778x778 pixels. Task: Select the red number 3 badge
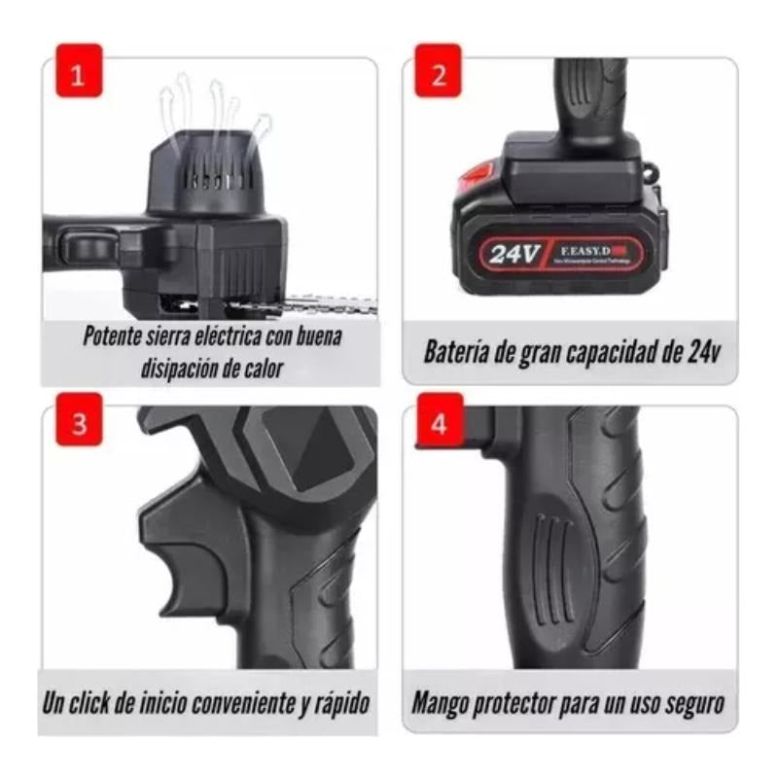[x=79, y=425]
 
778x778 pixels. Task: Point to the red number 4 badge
[x=438, y=425]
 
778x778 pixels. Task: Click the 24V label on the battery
[x=513, y=255]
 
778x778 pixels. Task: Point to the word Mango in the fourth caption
[x=442, y=702]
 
